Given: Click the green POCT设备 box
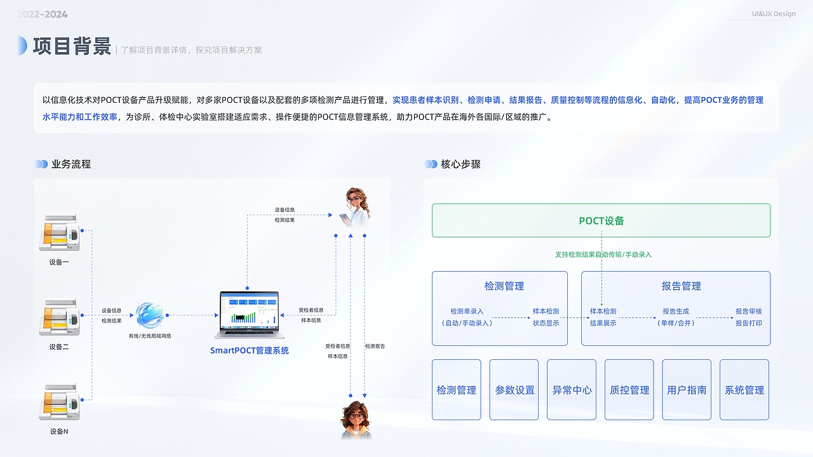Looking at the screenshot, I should click(601, 220).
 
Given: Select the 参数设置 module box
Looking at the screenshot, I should click(514, 390).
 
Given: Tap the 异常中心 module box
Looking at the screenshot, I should click(572, 390).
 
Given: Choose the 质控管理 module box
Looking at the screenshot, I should click(629, 390).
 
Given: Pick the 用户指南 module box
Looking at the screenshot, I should click(687, 390).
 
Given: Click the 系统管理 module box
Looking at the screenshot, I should click(744, 390).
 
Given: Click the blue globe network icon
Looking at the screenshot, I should click(149, 315).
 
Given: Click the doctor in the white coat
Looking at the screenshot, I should click(356, 206).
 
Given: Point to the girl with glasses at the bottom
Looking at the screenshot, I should click(356, 419).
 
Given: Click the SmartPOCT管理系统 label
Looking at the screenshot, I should click(250, 350).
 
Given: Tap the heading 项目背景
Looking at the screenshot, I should click(72, 46).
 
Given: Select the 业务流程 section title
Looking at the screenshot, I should click(71, 164).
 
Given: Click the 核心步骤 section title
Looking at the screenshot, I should click(460, 164).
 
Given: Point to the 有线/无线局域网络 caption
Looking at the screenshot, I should click(149, 336).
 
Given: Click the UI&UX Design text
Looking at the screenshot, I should click(773, 14).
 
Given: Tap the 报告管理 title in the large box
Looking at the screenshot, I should click(681, 286).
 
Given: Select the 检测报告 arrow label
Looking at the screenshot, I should click(375, 346).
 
